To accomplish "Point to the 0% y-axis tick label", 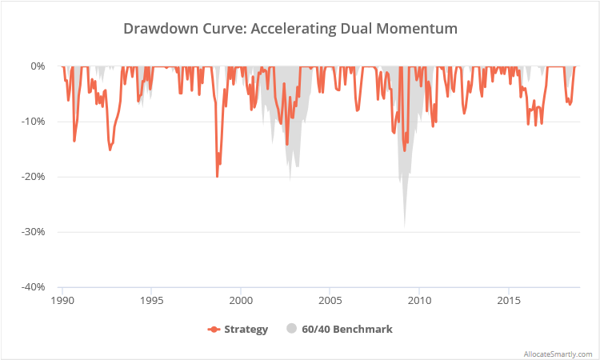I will (x=38, y=66).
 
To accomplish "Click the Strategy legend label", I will (x=246, y=329).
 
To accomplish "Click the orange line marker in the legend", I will (x=214, y=329).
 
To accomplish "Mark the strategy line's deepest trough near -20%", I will (x=217, y=176).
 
